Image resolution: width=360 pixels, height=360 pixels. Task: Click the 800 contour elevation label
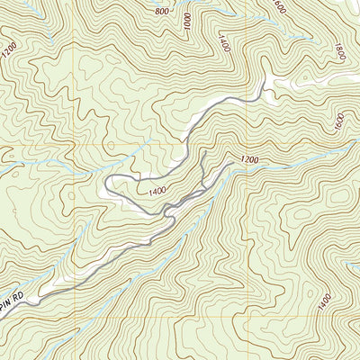point(162,11)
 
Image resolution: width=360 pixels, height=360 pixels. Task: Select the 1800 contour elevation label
point(340,50)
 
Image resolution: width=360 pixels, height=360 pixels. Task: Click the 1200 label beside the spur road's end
point(249,161)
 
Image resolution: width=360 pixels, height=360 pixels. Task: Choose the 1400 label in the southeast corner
point(324,300)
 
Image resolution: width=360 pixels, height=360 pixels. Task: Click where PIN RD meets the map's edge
point(2,310)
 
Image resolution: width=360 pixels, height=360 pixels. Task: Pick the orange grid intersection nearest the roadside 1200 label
point(223,145)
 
